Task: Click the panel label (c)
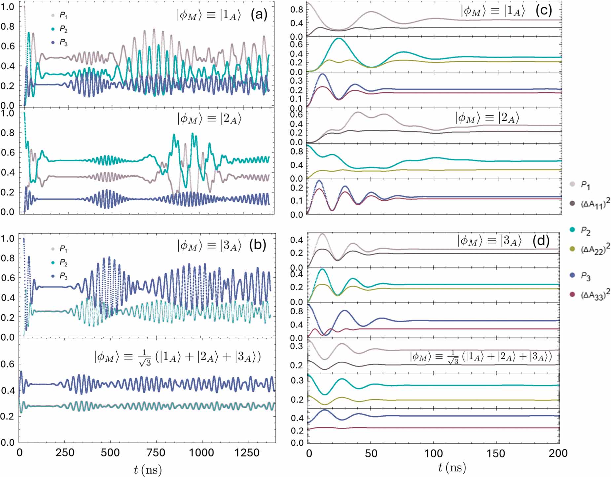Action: (544, 11)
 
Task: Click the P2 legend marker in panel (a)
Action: (53, 29)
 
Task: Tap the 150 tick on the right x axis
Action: (496, 453)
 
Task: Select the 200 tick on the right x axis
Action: (558, 453)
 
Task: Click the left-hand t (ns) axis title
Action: (148, 469)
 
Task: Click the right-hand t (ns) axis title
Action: (452, 467)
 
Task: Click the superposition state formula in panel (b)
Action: (177, 358)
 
